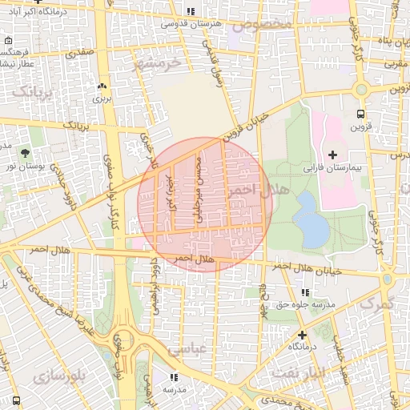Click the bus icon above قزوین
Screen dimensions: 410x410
coord(360,114)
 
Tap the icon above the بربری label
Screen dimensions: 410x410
coord(102,86)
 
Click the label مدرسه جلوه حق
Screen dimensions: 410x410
coord(303,305)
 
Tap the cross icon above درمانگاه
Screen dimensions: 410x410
coord(302,334)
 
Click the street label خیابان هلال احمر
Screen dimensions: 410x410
coord(314,270)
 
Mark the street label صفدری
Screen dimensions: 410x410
coord(80,53)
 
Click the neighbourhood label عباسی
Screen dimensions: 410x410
coord(187,351)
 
